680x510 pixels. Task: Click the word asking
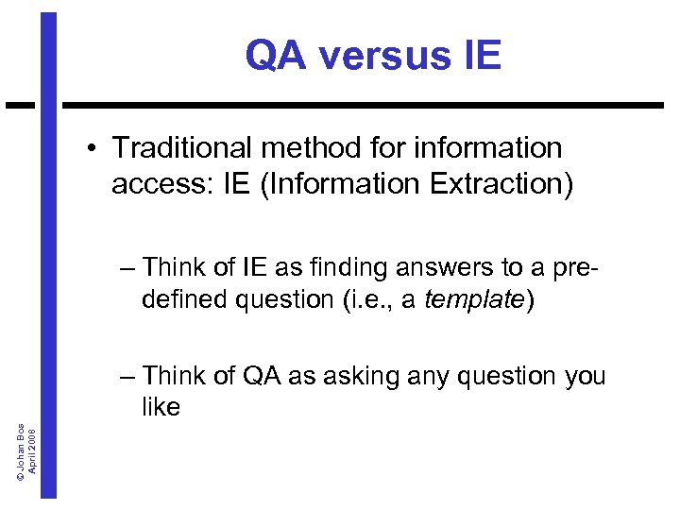coord(356,376)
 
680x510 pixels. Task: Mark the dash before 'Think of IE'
coord(128,267)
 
